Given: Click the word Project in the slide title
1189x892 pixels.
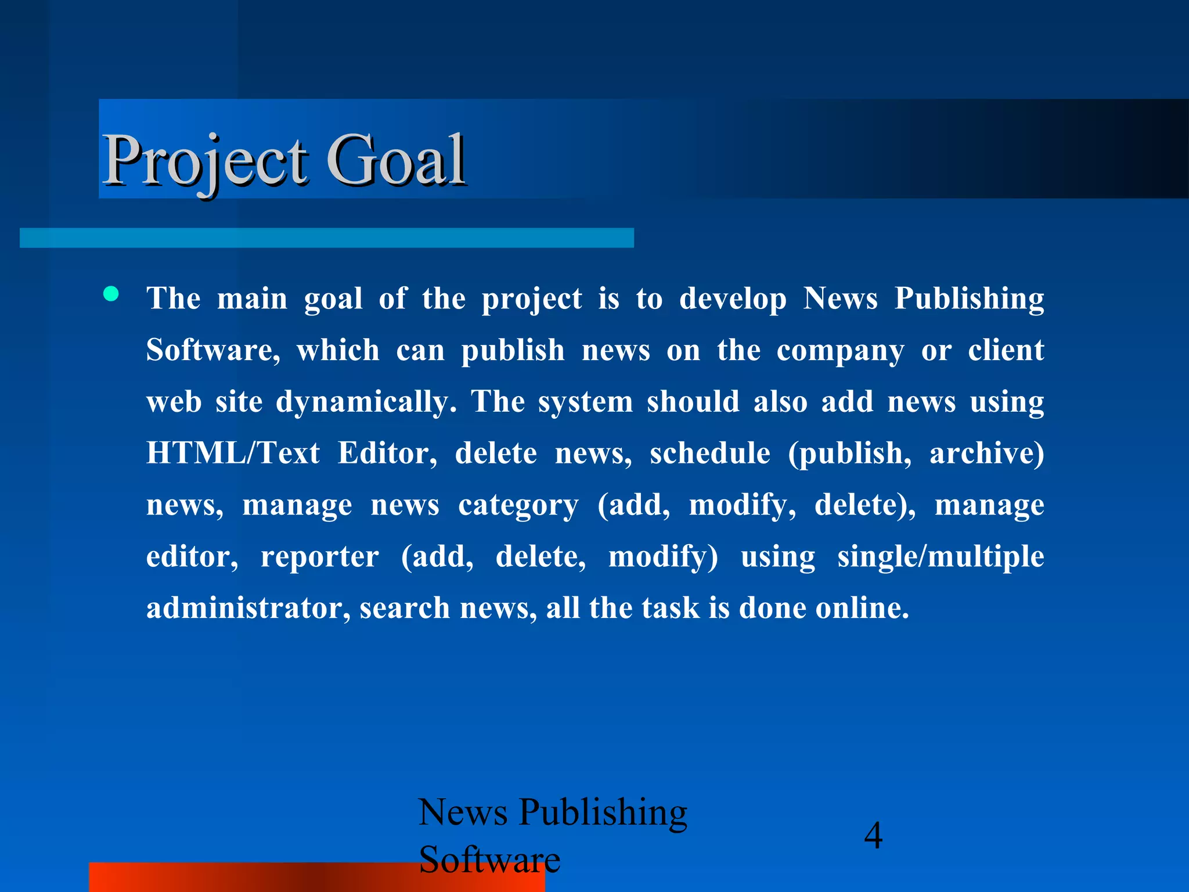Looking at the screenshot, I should (x=204, y=160).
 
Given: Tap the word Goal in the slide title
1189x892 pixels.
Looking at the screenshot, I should (x=396, y=160).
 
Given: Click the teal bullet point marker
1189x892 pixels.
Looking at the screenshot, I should (x=111, y=294).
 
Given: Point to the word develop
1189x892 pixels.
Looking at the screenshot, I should (x=733, y=299).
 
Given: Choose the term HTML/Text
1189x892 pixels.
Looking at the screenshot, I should (x=233, y=453).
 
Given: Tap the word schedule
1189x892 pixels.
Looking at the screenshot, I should (x=709, y=453).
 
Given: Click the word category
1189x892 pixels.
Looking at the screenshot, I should (x=518, y=505).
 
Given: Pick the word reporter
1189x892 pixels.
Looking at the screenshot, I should (x=319, y=556).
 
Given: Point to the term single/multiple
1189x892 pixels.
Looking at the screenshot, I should (x=941, y=556).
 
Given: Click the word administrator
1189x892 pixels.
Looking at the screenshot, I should (x=248, y=608).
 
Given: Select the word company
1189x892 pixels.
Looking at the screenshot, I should (x=840, y=351).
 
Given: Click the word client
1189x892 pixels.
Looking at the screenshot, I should (x=1006, y=350).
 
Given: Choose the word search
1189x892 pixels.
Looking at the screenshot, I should (x=405, y=608).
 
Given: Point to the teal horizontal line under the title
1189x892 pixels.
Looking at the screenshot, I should (x=326, y=238).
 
